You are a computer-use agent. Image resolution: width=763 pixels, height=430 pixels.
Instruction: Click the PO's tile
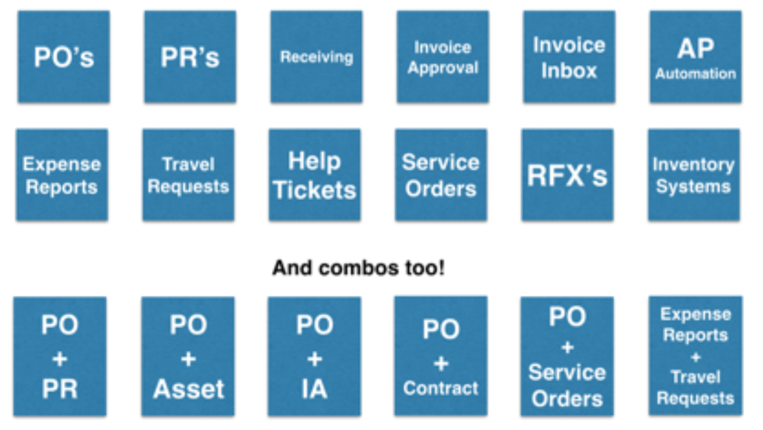tap(64, 56)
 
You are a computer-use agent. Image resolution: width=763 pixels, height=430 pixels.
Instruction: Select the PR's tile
tap(190, 56)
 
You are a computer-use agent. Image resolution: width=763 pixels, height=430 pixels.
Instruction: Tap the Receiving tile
tap(316, 56)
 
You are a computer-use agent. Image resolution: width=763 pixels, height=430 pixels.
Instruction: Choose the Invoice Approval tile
tap(443, 56)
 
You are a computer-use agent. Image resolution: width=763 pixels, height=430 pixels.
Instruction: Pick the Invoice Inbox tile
tap(569, 56)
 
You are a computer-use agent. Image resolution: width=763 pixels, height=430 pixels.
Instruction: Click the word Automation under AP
tap(696, 73)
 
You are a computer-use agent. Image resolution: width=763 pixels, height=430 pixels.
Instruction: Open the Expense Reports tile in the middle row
tap(62, 175)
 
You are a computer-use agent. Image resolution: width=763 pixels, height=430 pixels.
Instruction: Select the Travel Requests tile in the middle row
tap(188, 175)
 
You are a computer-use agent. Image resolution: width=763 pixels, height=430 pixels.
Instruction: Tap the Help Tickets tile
tap(315, 175)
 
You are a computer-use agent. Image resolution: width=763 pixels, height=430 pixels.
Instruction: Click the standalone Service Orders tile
tap(441, 175)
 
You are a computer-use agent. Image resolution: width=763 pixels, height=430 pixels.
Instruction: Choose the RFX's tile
tap(567, 175)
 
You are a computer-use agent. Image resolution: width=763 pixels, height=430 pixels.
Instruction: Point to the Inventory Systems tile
tap(694, 175)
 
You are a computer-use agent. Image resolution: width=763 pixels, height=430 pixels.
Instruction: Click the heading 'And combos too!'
tap(359, 268)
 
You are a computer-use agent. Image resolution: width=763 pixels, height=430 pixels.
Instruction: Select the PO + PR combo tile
tap(60, 356)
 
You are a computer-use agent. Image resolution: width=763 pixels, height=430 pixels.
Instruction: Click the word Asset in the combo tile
tap(188, 388)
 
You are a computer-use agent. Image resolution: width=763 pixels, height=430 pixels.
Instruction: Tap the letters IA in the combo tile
tap(314, 388)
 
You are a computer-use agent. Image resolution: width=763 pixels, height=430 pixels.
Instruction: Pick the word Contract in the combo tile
tap(441, 388)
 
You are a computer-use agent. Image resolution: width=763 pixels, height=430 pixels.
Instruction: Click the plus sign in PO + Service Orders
tap(567, 346)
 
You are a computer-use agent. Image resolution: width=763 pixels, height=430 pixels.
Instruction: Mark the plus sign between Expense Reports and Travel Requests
tap(695, 356)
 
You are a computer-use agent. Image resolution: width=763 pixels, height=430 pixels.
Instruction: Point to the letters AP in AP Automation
tap(696, 48)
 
